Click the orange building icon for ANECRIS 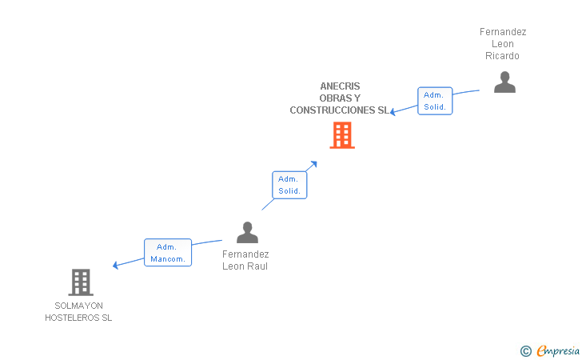click(x=342, y=135)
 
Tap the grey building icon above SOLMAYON click(x=81, y=282)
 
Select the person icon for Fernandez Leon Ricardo click(x=504, y=82)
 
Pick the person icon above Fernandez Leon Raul click(x=247, y=233)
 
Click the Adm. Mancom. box click(x=168, y=253)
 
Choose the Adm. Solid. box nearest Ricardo click(x=435, y=101)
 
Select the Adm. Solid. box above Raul click(x=289, y=185)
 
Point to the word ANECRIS click(x=340, y=86)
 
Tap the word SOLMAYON click(x=78, y=306)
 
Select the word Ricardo click(x=502, y=56)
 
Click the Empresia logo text click(x=558, y=350)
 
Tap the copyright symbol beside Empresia click(x=526, y=351)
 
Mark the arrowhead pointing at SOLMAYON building click(x=115, y=266)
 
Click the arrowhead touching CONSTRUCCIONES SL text click(x=393, y=111)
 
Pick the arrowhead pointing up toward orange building click(x=314, y=164)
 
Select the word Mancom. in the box click(x=168, y=259)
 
